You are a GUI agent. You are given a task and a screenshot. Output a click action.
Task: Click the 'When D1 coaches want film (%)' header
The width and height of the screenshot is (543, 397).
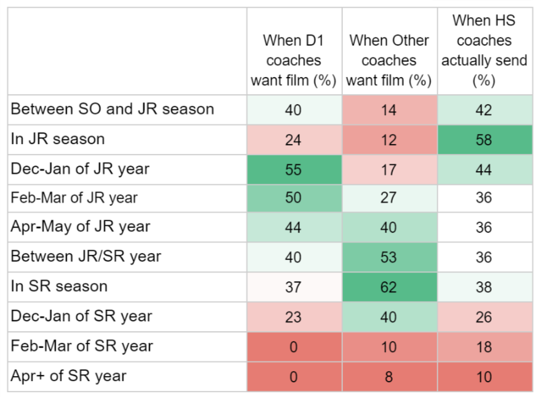click(294, 60)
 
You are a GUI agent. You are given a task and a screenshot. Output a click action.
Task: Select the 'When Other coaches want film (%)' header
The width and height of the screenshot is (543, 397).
click(389, 60)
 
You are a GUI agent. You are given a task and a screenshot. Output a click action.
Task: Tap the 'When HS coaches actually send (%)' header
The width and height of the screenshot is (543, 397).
click(484, 50)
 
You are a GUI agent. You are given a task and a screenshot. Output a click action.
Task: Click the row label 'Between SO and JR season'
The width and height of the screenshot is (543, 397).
click(113, 110)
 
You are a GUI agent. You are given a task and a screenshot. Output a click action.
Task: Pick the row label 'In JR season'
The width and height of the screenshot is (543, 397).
click(58, 139)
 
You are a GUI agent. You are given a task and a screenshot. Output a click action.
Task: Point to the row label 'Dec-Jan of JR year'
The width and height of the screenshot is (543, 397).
click(80, 169)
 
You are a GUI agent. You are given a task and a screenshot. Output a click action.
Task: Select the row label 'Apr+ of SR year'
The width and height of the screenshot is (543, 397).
click(68, 376)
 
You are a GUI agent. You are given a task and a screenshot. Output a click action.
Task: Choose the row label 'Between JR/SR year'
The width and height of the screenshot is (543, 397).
click(86, 257)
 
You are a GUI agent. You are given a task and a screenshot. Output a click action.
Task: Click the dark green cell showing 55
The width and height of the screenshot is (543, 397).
click(294, 169)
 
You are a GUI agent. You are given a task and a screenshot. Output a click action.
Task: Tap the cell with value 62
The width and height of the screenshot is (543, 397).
click(389, 287)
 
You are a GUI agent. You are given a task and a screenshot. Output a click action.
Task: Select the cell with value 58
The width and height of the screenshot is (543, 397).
click(484, 140)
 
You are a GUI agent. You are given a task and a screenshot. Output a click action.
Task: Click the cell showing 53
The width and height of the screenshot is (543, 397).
click(389, 257)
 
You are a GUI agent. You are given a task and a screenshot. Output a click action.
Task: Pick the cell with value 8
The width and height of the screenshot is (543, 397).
click(389, 377)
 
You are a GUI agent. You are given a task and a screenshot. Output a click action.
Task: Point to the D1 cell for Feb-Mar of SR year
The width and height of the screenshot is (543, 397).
click(294, 347)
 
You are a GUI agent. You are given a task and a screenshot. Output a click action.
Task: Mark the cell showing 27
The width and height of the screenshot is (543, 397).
click(389, 198)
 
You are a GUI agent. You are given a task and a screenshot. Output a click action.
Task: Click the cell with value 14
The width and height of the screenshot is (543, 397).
click(389, 110)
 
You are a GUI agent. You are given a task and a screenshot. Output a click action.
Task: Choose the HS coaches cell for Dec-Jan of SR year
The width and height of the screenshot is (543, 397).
click(484, 316)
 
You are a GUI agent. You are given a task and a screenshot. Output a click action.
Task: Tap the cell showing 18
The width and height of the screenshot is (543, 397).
click(484, 347)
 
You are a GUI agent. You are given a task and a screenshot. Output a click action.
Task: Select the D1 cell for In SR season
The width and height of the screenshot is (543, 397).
click(294, 287)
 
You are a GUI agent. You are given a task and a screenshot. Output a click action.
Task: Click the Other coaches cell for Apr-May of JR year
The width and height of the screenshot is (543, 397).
click(389, 228)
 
